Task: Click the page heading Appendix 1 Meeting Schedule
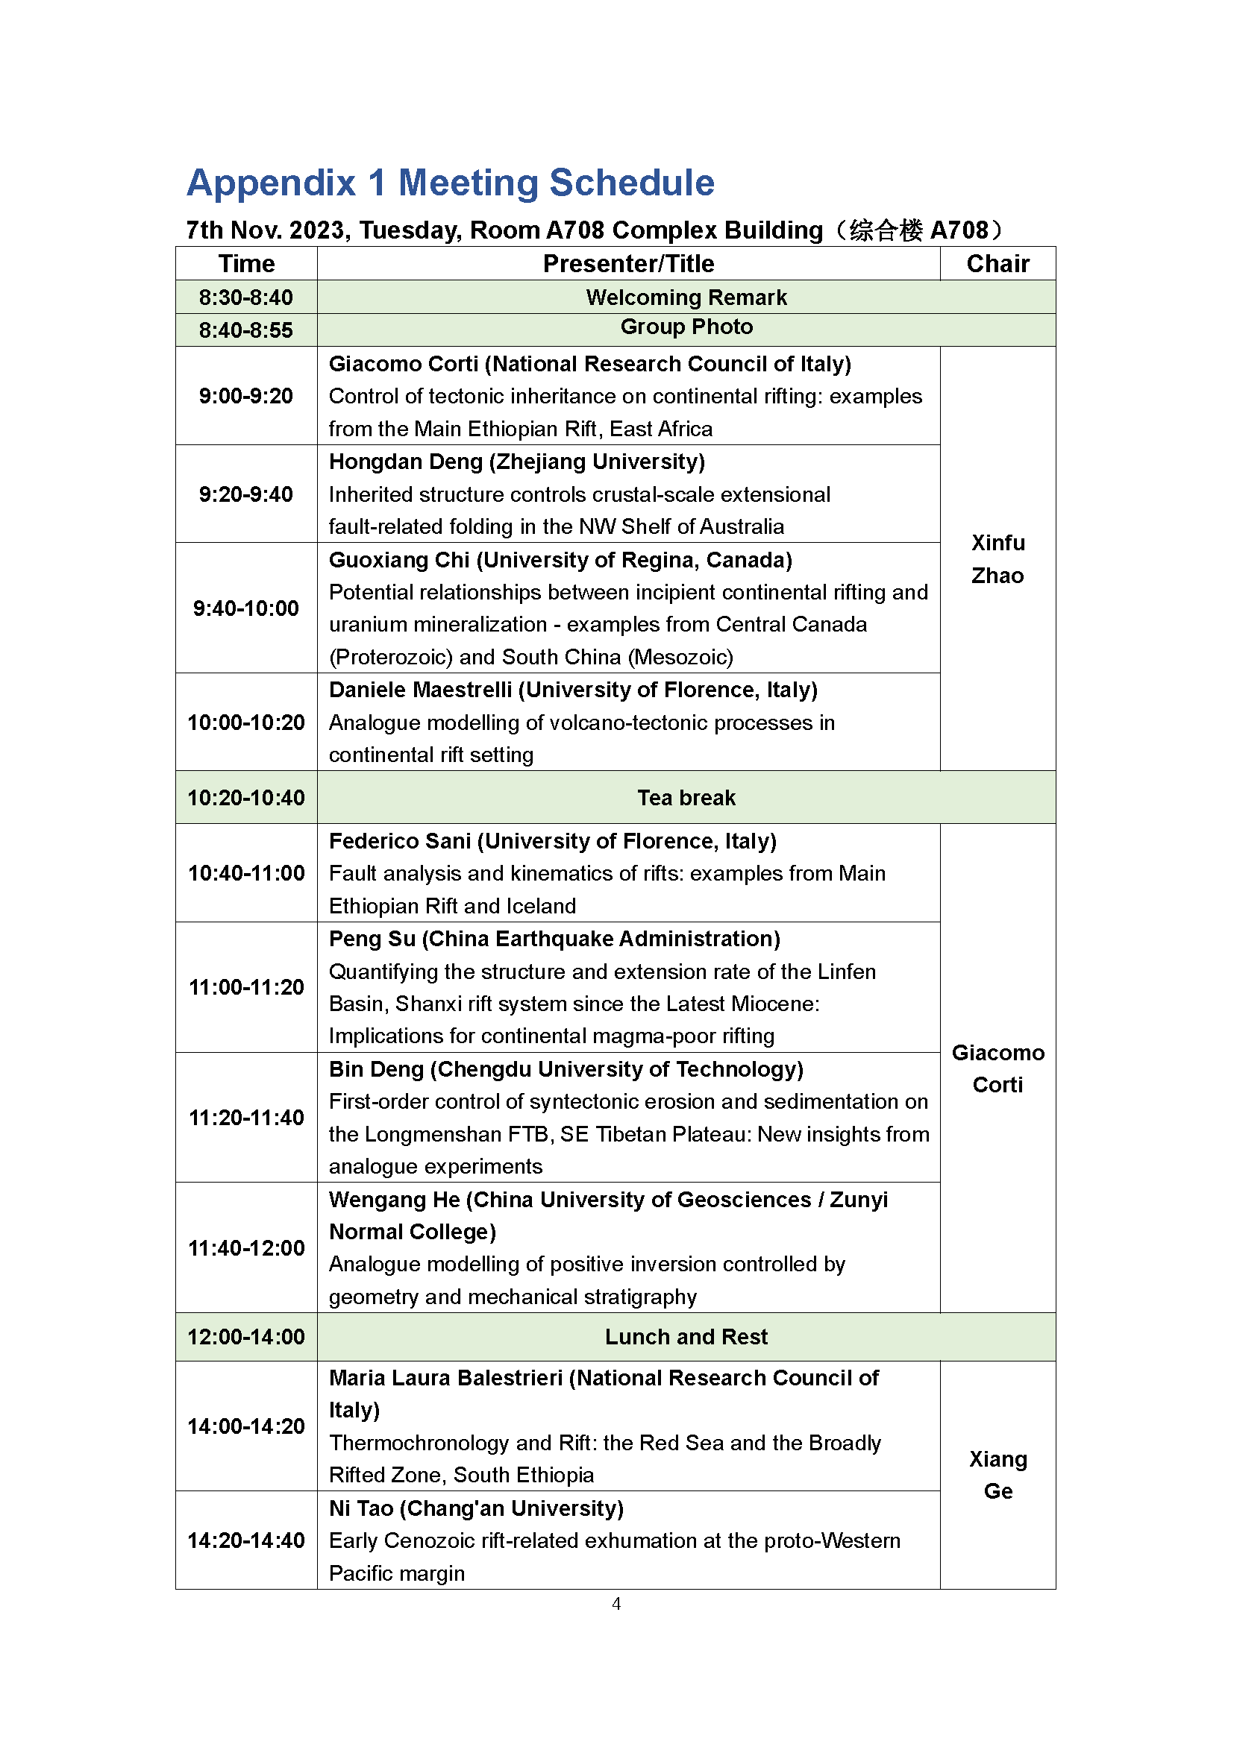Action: click(451, 183)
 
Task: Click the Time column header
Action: click(246, 263)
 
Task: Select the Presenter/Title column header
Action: click(628, 263)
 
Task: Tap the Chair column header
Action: click(997, 263)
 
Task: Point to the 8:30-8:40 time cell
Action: click(246, 297)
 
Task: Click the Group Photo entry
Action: click(686, 327)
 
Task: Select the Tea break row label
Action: click(686, 798)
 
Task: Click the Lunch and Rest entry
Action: click(686, 1337)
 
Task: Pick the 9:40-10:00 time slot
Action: click(246, 608)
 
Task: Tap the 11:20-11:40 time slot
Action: click(246, 1118)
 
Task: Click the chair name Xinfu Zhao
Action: click(997, 559)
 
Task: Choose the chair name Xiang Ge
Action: click(997, 1474)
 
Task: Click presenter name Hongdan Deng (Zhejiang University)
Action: click(517, 462)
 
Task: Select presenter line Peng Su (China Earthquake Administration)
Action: click(554, 939)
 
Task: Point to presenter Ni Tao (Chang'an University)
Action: click(477, 1508)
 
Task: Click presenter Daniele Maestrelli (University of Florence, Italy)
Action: click(573, 690)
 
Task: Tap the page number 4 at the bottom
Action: click(616, 1604)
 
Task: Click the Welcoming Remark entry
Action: click(686, 297)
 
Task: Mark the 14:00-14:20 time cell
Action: click(246, 1426)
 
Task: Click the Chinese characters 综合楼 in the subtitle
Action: click(886, 230)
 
